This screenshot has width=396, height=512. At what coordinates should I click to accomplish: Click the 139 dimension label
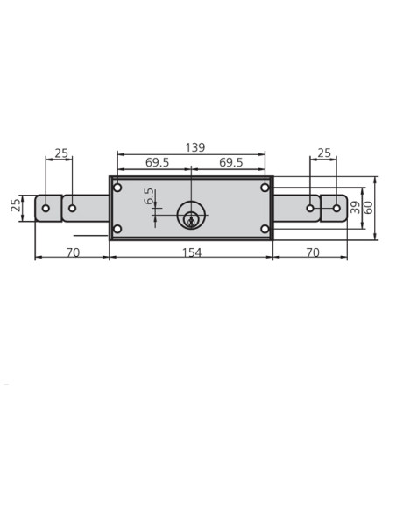195,147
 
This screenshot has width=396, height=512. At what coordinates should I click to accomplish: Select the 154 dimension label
192,252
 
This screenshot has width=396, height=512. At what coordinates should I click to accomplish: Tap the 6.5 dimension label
149,196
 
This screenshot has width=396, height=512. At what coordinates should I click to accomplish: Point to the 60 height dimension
369,208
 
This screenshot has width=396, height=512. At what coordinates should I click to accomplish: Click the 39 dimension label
355,208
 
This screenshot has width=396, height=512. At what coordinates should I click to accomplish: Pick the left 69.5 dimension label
157,162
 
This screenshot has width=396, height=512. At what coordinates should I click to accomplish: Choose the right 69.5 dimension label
231,162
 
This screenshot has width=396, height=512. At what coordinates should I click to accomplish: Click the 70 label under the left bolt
73,252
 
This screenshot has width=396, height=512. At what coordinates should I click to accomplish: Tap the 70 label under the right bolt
313,252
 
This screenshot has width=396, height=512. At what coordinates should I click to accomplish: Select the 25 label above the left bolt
61,153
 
